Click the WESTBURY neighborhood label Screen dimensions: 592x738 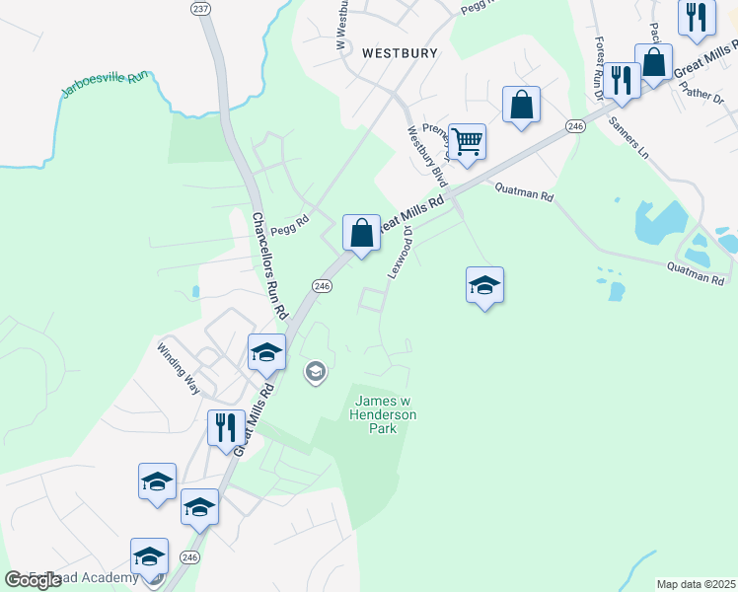(x=400, y=53)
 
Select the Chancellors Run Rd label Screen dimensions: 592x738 (x=267, y=266)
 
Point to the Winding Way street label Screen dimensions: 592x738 (x=179, y=368)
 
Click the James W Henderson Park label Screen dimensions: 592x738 (x=385, y=414)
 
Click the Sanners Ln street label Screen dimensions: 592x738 (x=628, y=138)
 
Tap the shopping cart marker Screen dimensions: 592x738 (x=466, y=140)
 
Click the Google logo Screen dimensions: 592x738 (x=33, y=580)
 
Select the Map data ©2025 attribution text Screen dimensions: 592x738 (x=696, y=584)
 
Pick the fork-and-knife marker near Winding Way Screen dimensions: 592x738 (x=226, y=427)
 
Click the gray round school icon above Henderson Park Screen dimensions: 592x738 (x=316, y=372)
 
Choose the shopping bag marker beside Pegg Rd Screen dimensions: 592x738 (x=362, y=233)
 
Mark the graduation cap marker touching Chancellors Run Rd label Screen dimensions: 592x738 (x=265, y=352)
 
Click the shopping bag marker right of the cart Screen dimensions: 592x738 (x=521, y=105)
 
